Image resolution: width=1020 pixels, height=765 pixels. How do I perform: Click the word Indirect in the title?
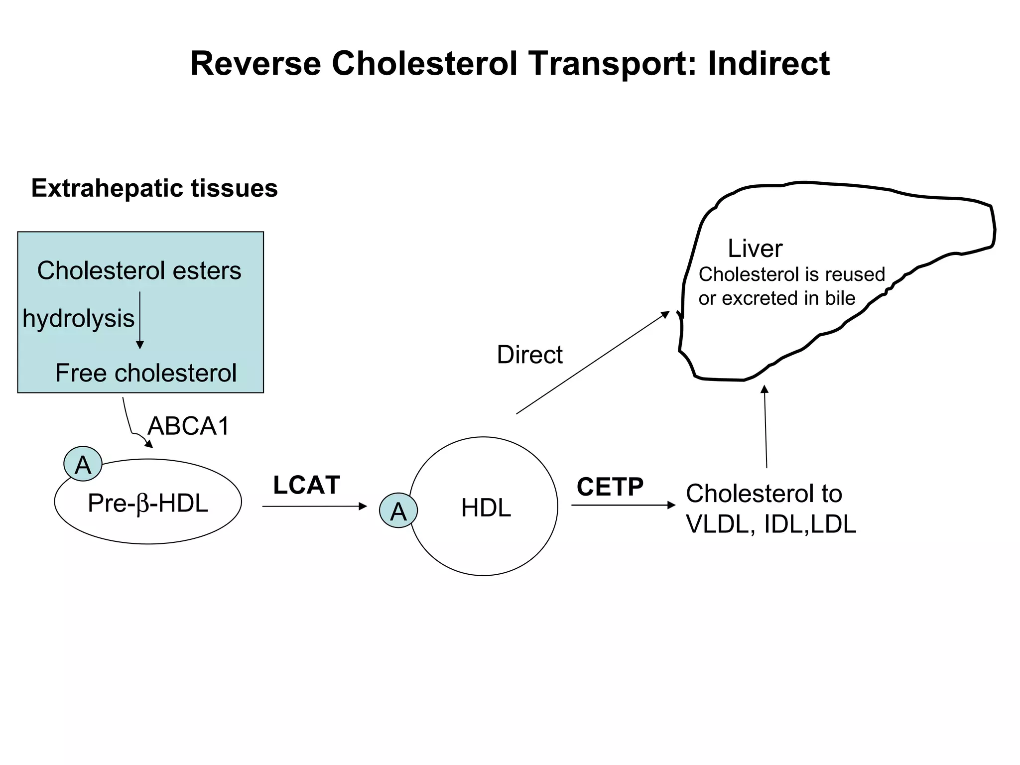click(768, 64)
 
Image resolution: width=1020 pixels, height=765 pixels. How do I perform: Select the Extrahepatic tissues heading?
click(154, 188)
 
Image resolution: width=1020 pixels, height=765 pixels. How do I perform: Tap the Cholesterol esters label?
click(139, 271)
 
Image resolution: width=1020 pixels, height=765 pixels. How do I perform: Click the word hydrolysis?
click(78, 318)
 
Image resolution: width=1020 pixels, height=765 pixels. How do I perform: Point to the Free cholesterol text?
click(145, 373)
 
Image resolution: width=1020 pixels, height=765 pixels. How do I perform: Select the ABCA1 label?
click(189, 426)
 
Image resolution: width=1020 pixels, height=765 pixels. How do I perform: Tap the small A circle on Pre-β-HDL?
click(83, 464)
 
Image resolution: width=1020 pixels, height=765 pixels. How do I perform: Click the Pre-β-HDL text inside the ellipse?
click(147, 503)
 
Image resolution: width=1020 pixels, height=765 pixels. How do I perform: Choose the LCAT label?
click(306, 485)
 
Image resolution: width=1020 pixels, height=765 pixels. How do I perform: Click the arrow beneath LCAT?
click(314, 507)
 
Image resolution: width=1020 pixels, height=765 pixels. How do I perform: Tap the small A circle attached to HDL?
click(398, 510)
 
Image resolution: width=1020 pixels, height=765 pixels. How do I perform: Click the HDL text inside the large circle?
click(486, 508)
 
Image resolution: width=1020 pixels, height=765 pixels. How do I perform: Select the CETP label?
click(610, 487)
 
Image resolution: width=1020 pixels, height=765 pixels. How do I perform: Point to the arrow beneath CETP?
click(623, 505)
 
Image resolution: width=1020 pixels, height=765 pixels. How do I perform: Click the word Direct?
click(529, 355)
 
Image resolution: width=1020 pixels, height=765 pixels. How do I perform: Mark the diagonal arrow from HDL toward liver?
click(593, 363)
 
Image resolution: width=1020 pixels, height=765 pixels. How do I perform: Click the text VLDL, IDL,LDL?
click(770, 524)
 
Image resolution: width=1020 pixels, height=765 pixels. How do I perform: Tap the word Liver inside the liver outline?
click(755, 248)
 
